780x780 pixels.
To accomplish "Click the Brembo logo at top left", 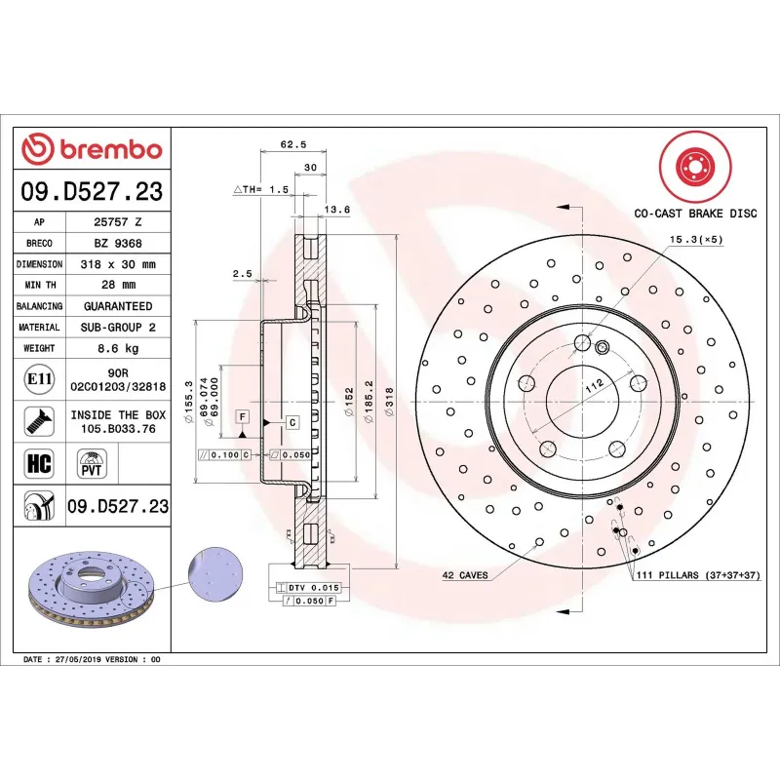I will (92, 149).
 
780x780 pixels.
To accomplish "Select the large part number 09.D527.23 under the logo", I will (92, 192).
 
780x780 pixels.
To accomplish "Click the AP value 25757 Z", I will (118, 222).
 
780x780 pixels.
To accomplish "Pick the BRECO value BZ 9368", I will (118, 243).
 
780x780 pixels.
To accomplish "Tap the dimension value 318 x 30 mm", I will (118, 264).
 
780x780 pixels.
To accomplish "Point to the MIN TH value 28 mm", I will (118, 285).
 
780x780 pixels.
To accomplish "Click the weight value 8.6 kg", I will (118, 348).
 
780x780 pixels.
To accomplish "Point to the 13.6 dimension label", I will (336, 209).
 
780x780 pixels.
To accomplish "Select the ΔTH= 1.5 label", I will (260, 189).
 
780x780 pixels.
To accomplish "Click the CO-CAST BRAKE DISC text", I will (695, 212).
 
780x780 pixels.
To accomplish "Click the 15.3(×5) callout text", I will (693, 239).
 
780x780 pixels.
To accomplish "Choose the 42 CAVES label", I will (465, 575).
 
